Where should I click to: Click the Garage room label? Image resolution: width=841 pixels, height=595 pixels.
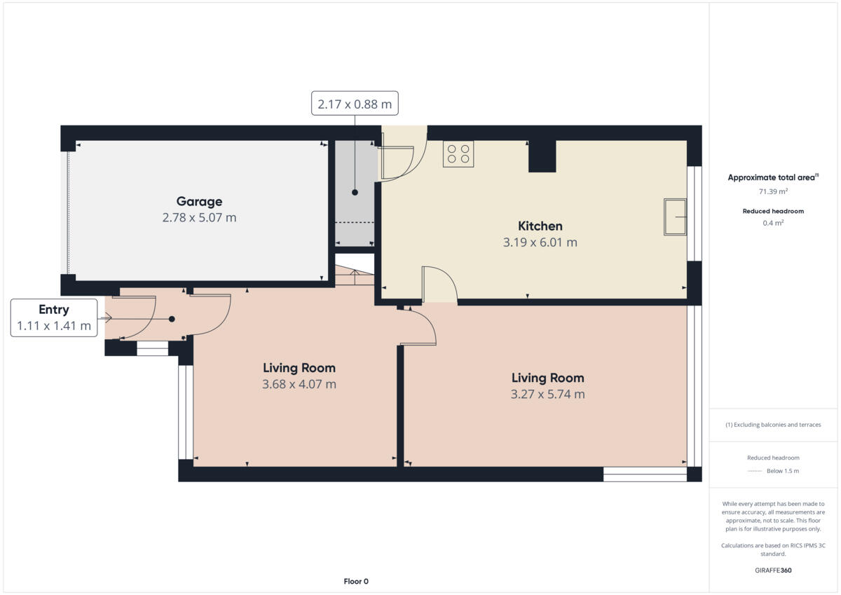[x=199, y=202]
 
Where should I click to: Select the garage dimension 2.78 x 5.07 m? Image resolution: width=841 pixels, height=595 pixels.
[x=199, y=218]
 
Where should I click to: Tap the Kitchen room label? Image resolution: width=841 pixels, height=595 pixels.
[x=540, y=226]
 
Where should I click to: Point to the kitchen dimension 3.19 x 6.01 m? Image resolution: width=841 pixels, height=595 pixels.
[x=540, y=242]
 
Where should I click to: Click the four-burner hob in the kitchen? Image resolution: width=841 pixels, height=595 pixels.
[x=458, y=153]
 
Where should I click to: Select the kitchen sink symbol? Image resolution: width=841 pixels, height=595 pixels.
[x=675, y=217]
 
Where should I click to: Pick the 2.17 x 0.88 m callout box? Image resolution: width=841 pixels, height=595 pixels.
[x=355, y=104]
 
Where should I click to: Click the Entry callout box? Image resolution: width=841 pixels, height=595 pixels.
[x=54, y=317]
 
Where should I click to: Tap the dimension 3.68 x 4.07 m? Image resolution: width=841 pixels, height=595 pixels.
[x=299, y=384]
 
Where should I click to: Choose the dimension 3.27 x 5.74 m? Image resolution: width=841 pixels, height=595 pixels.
[x=547, y=394]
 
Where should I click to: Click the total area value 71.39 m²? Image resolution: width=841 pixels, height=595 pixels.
[x=773, y=191]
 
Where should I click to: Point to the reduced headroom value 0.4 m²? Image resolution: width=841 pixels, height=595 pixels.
[x=773, y=223]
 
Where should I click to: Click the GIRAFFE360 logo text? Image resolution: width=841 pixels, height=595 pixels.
[x=773, y=570]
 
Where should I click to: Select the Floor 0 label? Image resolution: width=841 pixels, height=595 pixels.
[x=355, y=581]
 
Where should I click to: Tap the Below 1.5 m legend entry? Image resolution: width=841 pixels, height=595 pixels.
[x=782, y=471]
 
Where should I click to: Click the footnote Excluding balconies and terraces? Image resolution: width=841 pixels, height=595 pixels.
[x=773, y=425]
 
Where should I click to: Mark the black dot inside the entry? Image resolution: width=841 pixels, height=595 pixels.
[x=172, y=318]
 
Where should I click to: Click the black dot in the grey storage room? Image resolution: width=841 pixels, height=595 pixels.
[x=355, y=192]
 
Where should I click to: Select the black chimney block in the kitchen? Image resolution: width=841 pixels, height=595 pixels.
[x=542, y=156]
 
